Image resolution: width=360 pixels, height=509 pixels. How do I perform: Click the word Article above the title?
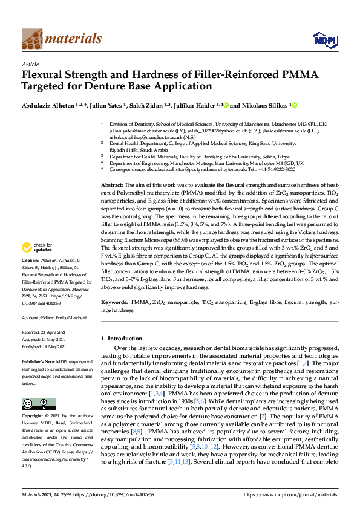(30, 63)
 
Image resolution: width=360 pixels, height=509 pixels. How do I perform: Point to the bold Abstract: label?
(112, 184)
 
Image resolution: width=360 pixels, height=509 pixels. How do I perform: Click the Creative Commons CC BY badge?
(34, 387)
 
